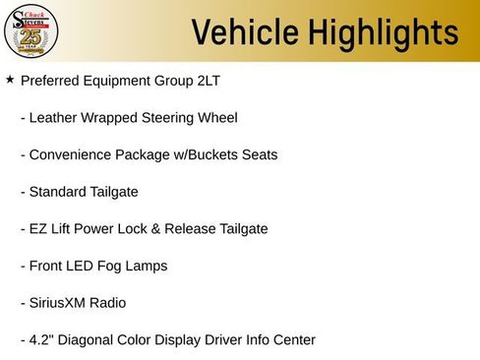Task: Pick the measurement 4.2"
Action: (42, 340)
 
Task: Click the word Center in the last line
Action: (293, 340)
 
